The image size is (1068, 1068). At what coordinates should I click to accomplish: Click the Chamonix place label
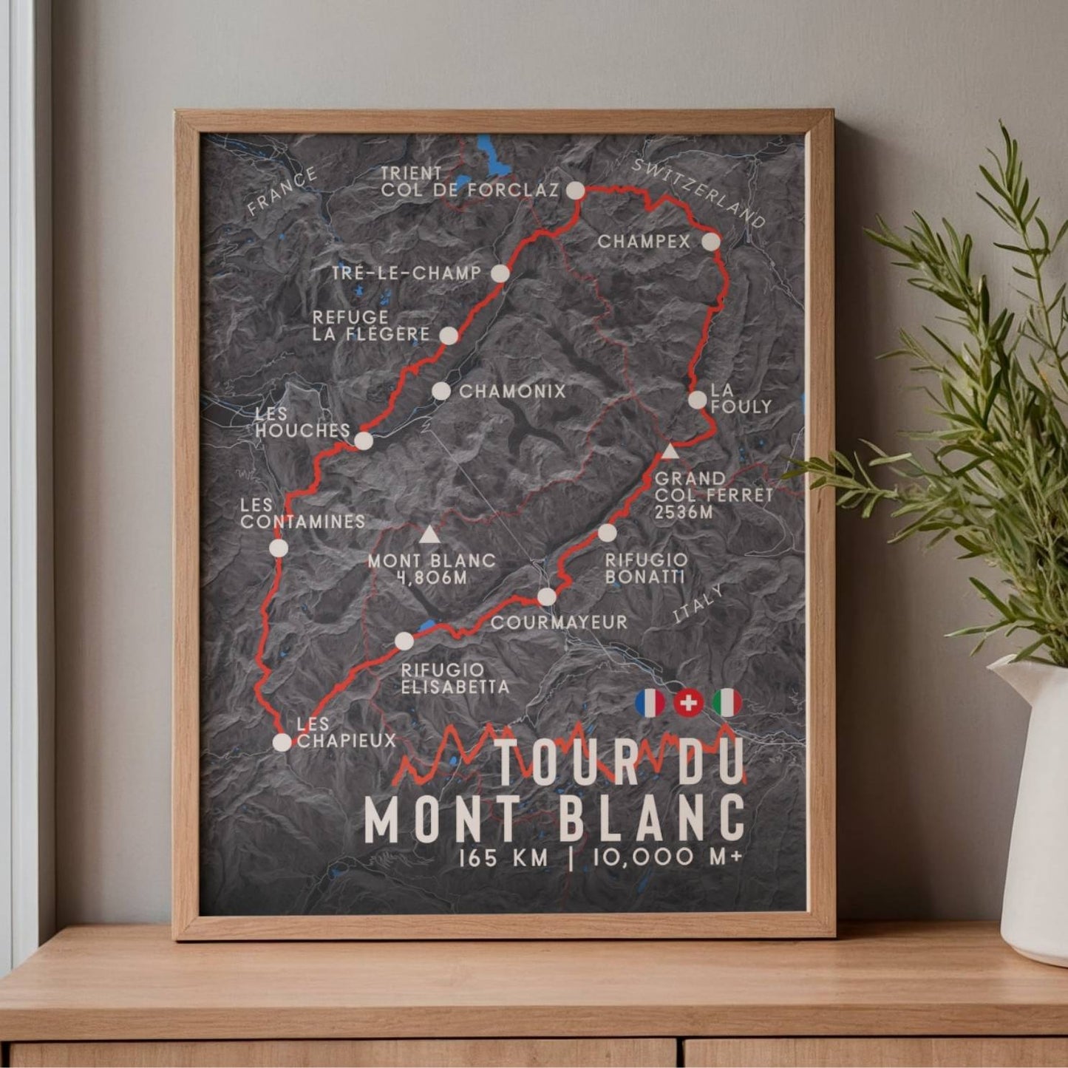tap(512, 391)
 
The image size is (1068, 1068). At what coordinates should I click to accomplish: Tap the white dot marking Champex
tap(710, 242)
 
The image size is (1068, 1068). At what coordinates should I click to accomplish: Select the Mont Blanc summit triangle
tap(428, 534)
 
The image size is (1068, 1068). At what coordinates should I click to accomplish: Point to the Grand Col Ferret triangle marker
tap(670, 451)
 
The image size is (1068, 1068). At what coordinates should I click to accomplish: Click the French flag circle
tap(650, 703)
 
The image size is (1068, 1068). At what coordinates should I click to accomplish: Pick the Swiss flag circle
tap(688, 703)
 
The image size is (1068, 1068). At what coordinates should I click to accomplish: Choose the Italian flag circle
tap(727, 703)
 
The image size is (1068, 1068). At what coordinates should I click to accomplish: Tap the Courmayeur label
tap(559, 622)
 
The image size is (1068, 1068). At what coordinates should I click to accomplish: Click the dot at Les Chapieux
tap(282, 742)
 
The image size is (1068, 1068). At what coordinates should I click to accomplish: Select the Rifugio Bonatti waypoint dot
tap(607, 533)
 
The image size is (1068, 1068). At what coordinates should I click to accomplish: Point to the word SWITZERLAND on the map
tap(699, 194)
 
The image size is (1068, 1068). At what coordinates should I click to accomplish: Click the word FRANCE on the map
tap(282, 191)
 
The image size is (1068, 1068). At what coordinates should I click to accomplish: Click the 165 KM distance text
tap(504, 858)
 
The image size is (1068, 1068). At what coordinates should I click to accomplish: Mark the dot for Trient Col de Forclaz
tap(575, 191)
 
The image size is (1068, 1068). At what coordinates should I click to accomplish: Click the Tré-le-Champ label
tap(407, 273)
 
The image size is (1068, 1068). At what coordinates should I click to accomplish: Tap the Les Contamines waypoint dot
tap(279, 548)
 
